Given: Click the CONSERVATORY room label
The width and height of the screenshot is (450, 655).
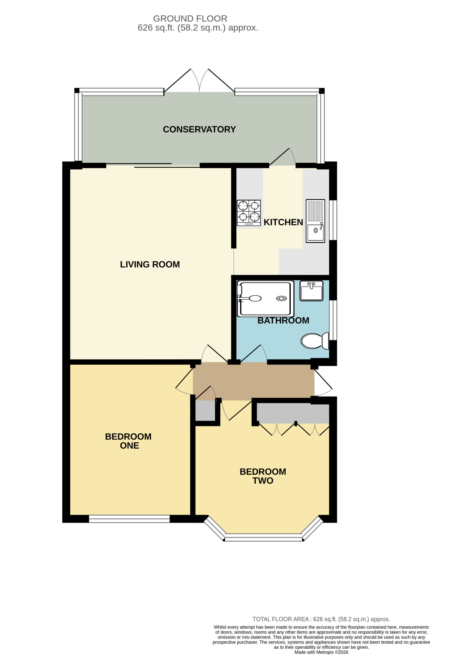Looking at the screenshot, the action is (199, 129).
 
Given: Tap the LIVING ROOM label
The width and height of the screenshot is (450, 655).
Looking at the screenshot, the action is (150, 264).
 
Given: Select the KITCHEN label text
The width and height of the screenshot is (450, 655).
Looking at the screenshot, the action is (283, 222).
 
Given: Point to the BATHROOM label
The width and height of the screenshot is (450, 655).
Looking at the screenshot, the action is (283, 320).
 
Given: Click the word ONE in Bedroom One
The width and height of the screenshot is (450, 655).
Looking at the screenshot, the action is (130, 446).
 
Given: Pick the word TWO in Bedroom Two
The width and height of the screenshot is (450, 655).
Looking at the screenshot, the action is (263, 481).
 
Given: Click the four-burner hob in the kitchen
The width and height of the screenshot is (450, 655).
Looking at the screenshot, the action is (248, 213).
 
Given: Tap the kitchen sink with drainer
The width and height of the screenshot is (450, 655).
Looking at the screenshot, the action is (316, 221).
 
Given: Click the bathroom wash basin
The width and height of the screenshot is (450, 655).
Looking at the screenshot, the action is (311, 291).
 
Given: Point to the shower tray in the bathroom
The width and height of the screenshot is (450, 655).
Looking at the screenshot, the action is (265, 299).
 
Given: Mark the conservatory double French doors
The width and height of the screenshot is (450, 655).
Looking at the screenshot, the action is (200, 80).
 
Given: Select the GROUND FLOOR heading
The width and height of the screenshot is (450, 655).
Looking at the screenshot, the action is (190, 19).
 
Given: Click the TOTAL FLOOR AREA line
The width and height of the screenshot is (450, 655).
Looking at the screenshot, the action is (321, 619).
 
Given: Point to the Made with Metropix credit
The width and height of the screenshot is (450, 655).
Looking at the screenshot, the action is (321, 652).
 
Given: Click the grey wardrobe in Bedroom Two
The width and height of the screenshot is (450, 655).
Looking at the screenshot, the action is (293, 413).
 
